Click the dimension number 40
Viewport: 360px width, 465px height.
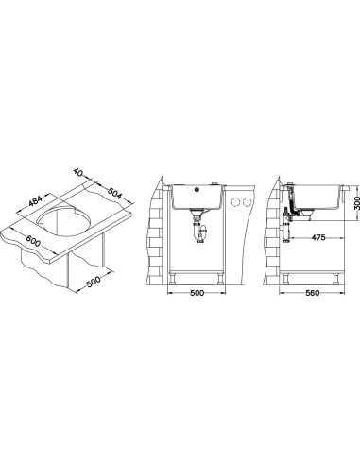click(x=77, y=172)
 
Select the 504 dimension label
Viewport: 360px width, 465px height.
click(x=114, y=193)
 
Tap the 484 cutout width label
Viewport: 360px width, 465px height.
click(x=34, y=201)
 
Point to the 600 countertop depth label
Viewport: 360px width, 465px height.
click(x=33, y=241)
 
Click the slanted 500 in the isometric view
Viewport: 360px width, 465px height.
click(x=93, y=282)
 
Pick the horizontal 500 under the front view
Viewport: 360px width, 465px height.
click(x=197, y=293)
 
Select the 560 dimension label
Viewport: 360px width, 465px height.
click(x=313, y=293)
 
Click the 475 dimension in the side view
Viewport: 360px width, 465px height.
click(x=318, y=237)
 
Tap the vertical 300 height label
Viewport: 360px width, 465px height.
click(x=356, y=203)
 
